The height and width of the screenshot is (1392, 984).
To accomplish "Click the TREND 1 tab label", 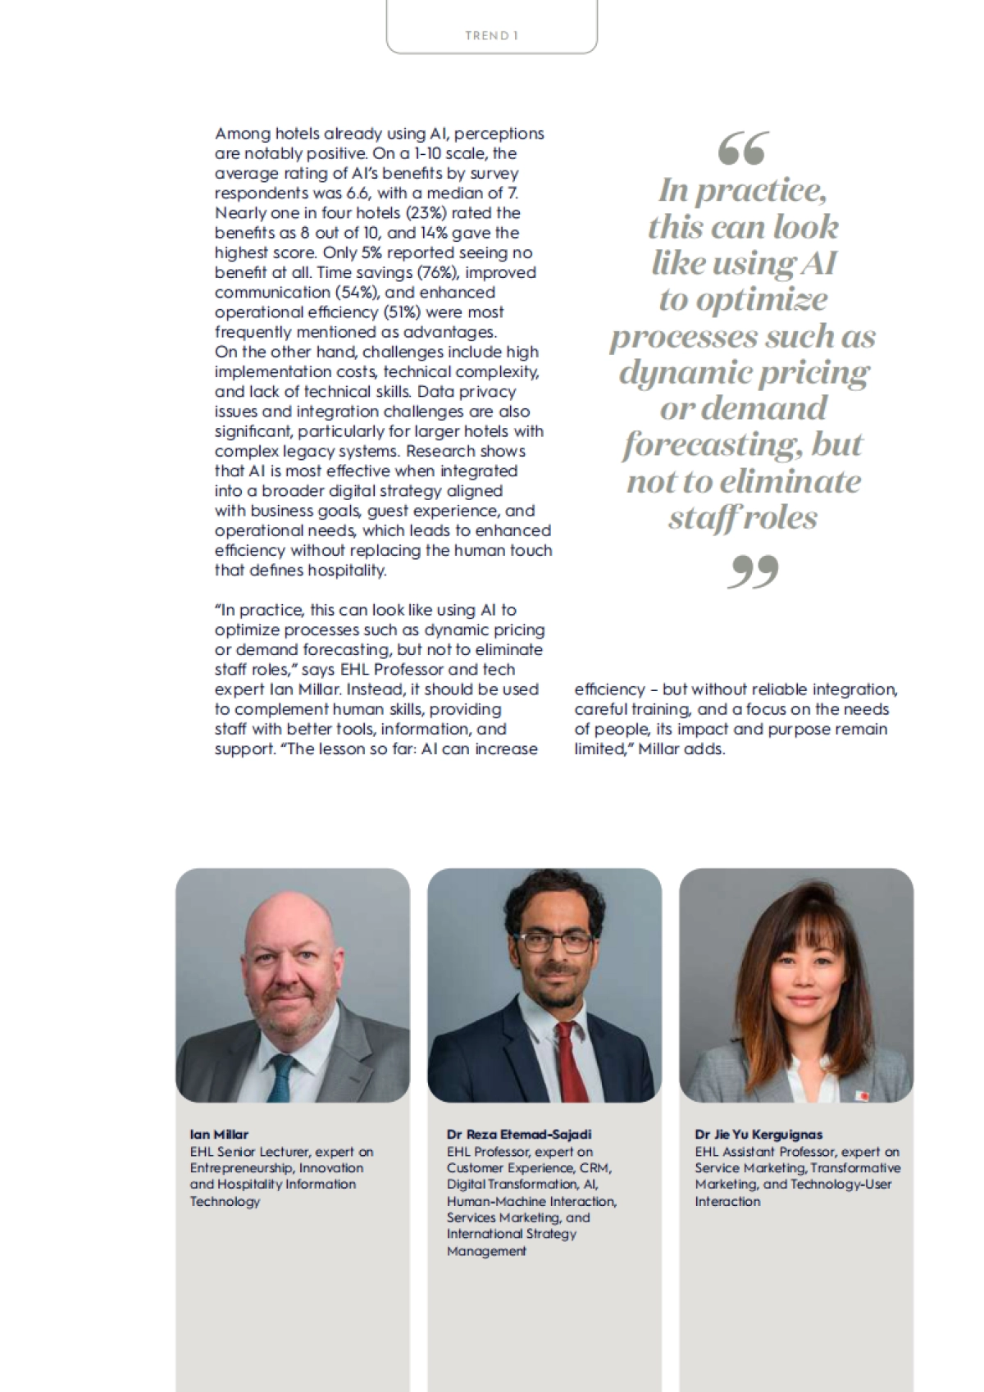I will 491,35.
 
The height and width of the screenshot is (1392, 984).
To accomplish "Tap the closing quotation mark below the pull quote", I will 752,571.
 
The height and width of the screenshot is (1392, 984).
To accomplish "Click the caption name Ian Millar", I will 219,1135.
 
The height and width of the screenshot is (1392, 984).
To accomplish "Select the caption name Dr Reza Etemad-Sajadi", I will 518,1135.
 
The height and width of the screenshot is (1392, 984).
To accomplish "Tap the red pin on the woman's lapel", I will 861,1095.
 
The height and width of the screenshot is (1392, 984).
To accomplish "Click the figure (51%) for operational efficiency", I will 403,312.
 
